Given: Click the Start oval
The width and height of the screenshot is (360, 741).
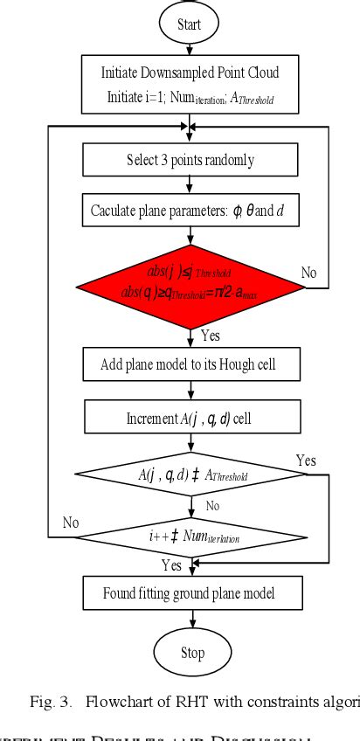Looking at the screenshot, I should (190, 24).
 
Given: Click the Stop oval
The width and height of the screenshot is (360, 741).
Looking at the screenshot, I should (191, 653).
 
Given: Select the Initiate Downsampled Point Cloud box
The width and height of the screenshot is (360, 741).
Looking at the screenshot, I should (190, 84).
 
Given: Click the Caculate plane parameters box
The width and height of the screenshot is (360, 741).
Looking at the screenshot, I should (190, 211).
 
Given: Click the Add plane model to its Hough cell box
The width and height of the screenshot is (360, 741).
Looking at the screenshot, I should (190, 364).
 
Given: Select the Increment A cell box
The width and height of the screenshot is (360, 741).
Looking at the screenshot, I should (190, 418).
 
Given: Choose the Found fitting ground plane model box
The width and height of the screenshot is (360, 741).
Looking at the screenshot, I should (190, 593).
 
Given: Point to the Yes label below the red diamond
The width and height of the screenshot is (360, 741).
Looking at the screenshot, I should (211, 334).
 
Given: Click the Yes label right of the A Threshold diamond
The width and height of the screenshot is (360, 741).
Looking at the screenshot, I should (306, 461).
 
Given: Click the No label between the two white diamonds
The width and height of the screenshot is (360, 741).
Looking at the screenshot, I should (211, 506).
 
